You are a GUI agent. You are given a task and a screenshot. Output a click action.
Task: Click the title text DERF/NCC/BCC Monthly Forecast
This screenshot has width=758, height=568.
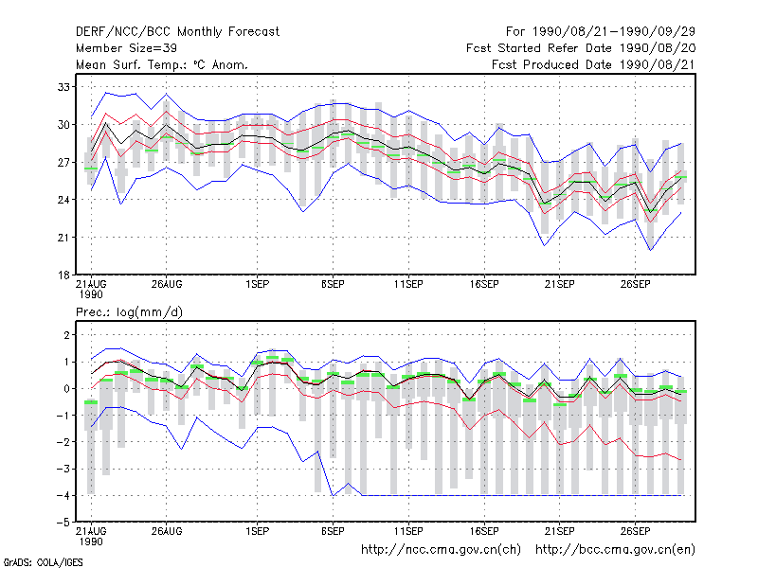tap(177, 32)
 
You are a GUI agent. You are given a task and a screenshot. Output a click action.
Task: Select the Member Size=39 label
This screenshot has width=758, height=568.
tap(126, 48)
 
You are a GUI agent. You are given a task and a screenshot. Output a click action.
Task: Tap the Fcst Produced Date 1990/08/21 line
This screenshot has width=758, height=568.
tap(593, 64)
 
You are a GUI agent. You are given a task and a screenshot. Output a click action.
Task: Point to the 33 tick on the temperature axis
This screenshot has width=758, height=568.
tap(63, 87)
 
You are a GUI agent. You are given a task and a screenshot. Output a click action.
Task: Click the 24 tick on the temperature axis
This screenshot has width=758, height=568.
tap(63, 200)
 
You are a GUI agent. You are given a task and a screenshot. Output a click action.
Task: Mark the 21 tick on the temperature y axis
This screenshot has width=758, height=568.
tap(63, 238)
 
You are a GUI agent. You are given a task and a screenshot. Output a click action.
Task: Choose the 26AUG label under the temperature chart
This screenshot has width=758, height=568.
tap(167, 285)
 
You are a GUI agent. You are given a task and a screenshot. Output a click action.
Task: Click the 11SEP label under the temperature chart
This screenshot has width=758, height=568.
tap(408, 285)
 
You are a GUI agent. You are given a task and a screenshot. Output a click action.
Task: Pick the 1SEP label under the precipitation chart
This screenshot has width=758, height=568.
tap(257, 531)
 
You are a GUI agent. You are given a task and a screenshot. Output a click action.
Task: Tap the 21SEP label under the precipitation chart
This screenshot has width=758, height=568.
tap(559, 531)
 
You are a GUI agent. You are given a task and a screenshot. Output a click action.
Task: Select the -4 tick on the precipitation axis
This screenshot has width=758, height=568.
tap(63, 495)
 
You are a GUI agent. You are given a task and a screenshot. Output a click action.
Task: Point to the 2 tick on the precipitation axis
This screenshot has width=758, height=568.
tap(66, 335)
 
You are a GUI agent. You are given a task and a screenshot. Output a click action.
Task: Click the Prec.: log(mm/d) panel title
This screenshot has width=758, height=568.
tap(129, 312)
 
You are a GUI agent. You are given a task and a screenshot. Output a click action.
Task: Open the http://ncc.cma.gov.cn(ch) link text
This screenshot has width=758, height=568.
tap(441, 550)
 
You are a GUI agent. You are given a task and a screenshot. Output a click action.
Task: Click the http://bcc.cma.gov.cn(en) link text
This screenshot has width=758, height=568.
tap(615, 550)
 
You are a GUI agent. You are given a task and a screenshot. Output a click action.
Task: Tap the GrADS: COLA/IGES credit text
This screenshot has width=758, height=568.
tap(43, 562)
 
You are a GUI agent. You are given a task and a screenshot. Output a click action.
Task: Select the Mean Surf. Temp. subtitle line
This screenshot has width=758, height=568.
tap(162, 64)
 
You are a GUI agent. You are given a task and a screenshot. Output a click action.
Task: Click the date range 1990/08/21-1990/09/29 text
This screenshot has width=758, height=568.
tap(614, 32)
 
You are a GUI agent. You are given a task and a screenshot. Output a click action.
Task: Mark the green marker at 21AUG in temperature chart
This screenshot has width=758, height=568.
tap(91, 169)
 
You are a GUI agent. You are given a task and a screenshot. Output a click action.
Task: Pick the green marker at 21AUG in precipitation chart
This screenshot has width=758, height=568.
tap(91, 402)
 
